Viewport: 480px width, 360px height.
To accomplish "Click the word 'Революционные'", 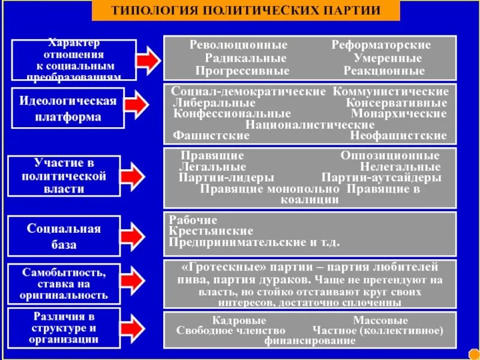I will click(238, 45).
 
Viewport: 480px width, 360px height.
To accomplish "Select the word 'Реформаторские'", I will click(381, 45).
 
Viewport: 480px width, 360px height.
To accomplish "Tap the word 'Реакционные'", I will click(384, 71).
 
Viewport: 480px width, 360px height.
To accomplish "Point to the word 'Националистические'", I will click(310, 124).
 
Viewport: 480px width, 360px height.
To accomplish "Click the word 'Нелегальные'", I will click(400, 167).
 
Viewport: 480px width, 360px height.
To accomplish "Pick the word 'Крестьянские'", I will click(211, 231).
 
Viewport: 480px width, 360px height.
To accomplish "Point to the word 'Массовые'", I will click(380, 320).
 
